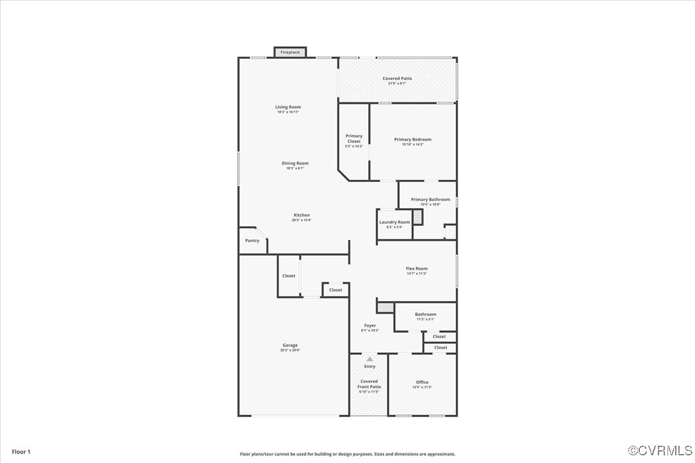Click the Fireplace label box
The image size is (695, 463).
pos(290,52)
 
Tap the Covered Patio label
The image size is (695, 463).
pos(397,79)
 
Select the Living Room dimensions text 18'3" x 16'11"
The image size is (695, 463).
pos(288,112)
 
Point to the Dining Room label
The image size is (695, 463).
pos(295,163)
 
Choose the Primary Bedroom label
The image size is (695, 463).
pos(413,140)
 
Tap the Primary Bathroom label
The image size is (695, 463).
pos(430,200)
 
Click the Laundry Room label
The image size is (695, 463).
pos(395,222)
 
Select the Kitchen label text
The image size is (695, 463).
pos(302,215)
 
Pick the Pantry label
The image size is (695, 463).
pos(252,241)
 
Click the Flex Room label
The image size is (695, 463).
pos(416,269)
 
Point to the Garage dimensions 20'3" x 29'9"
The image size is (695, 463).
pos(290,350)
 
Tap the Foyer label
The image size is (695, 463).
pos(370,325)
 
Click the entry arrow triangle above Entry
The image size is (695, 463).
pos(370,359)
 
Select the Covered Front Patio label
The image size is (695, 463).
pos(370,384)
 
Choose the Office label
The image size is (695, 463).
pos(422,382)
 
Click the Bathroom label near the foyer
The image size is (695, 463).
pos(425,314)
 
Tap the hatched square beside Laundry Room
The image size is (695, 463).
pos(417,218)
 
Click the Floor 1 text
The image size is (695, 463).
pos(21,451)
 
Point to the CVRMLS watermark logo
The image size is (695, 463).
pos(660,451)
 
